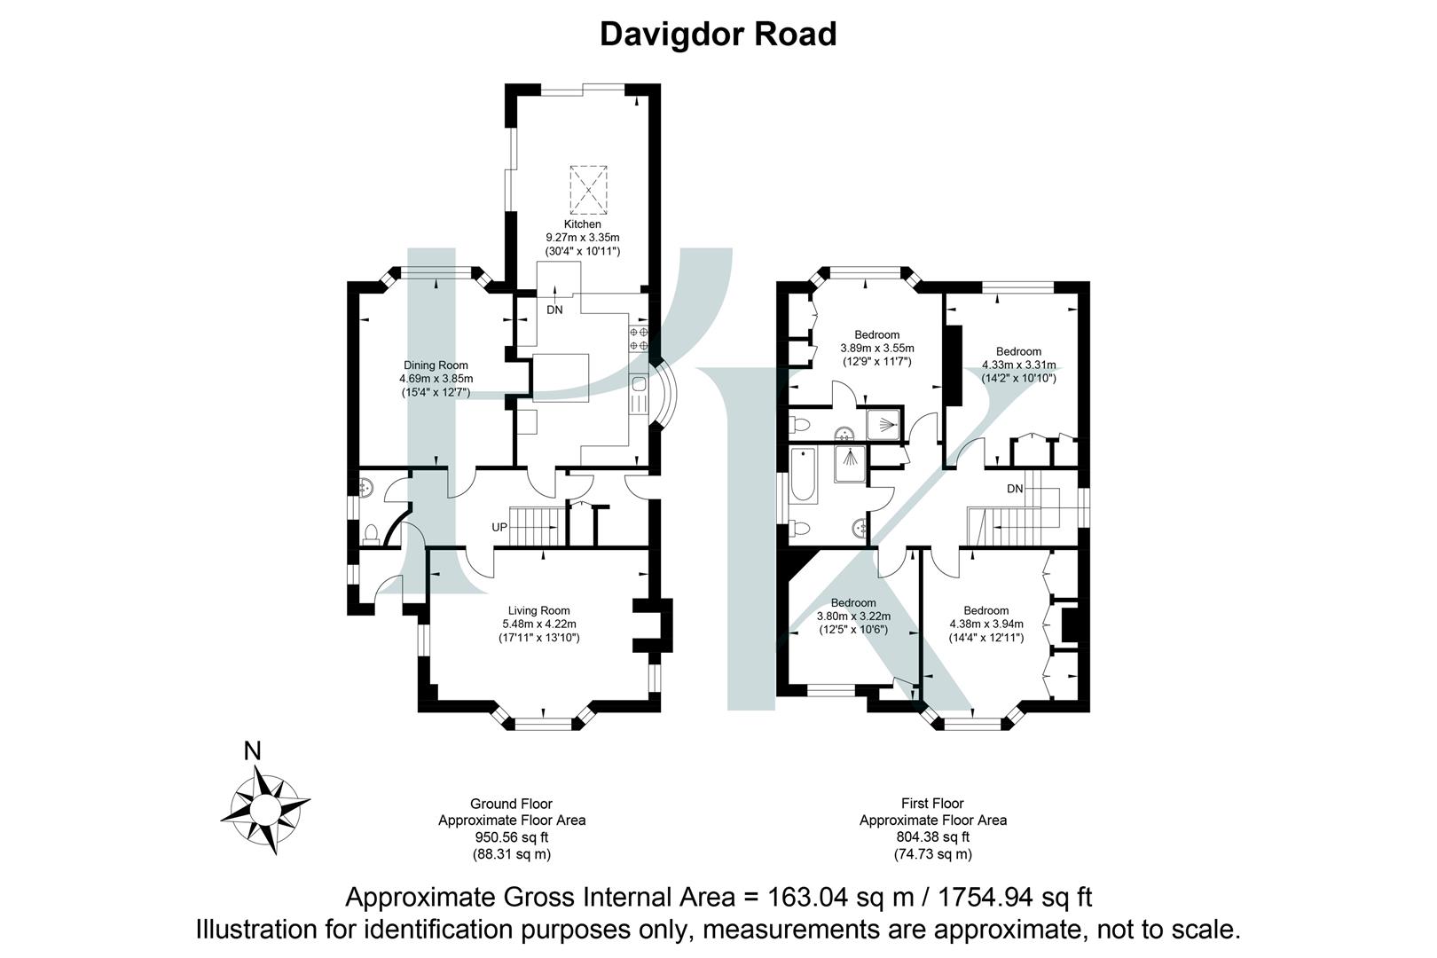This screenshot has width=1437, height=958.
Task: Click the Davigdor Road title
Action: (x=718, y=35)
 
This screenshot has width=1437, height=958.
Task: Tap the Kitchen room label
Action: (x=582, y=224)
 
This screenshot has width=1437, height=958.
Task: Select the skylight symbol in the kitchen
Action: (x=590, y=189)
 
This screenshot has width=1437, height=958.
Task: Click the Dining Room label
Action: (x=436, y=365)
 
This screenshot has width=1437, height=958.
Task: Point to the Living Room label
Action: (x=538, y=610)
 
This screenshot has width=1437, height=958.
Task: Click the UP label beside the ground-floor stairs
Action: (x=499, y=527)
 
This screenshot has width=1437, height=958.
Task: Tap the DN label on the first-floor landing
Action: (x=1015, y=489)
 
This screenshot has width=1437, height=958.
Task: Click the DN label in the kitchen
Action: (x=554, y=310)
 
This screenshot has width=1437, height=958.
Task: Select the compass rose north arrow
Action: (x=265, y=809)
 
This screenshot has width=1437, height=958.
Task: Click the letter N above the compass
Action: (x=253, y=751)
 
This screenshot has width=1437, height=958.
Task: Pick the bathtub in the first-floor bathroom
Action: (x=806, y=483)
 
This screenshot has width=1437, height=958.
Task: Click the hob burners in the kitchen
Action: (x=639, y=338)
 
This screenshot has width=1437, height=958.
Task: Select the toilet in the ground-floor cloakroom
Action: (x=372, y=533)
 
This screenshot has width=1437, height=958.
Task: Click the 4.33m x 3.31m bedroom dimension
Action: (x=1018, y=365)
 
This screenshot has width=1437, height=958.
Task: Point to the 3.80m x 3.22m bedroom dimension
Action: (x=853, y=616)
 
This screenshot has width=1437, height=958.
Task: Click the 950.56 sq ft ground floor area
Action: (x=512, y=837)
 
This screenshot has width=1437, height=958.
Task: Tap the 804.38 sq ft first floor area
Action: (x=932, y=837)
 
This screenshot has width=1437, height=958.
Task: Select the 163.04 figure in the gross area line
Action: (x=797, y=897)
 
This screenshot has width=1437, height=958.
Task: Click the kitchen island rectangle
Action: (x=561, y=379)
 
